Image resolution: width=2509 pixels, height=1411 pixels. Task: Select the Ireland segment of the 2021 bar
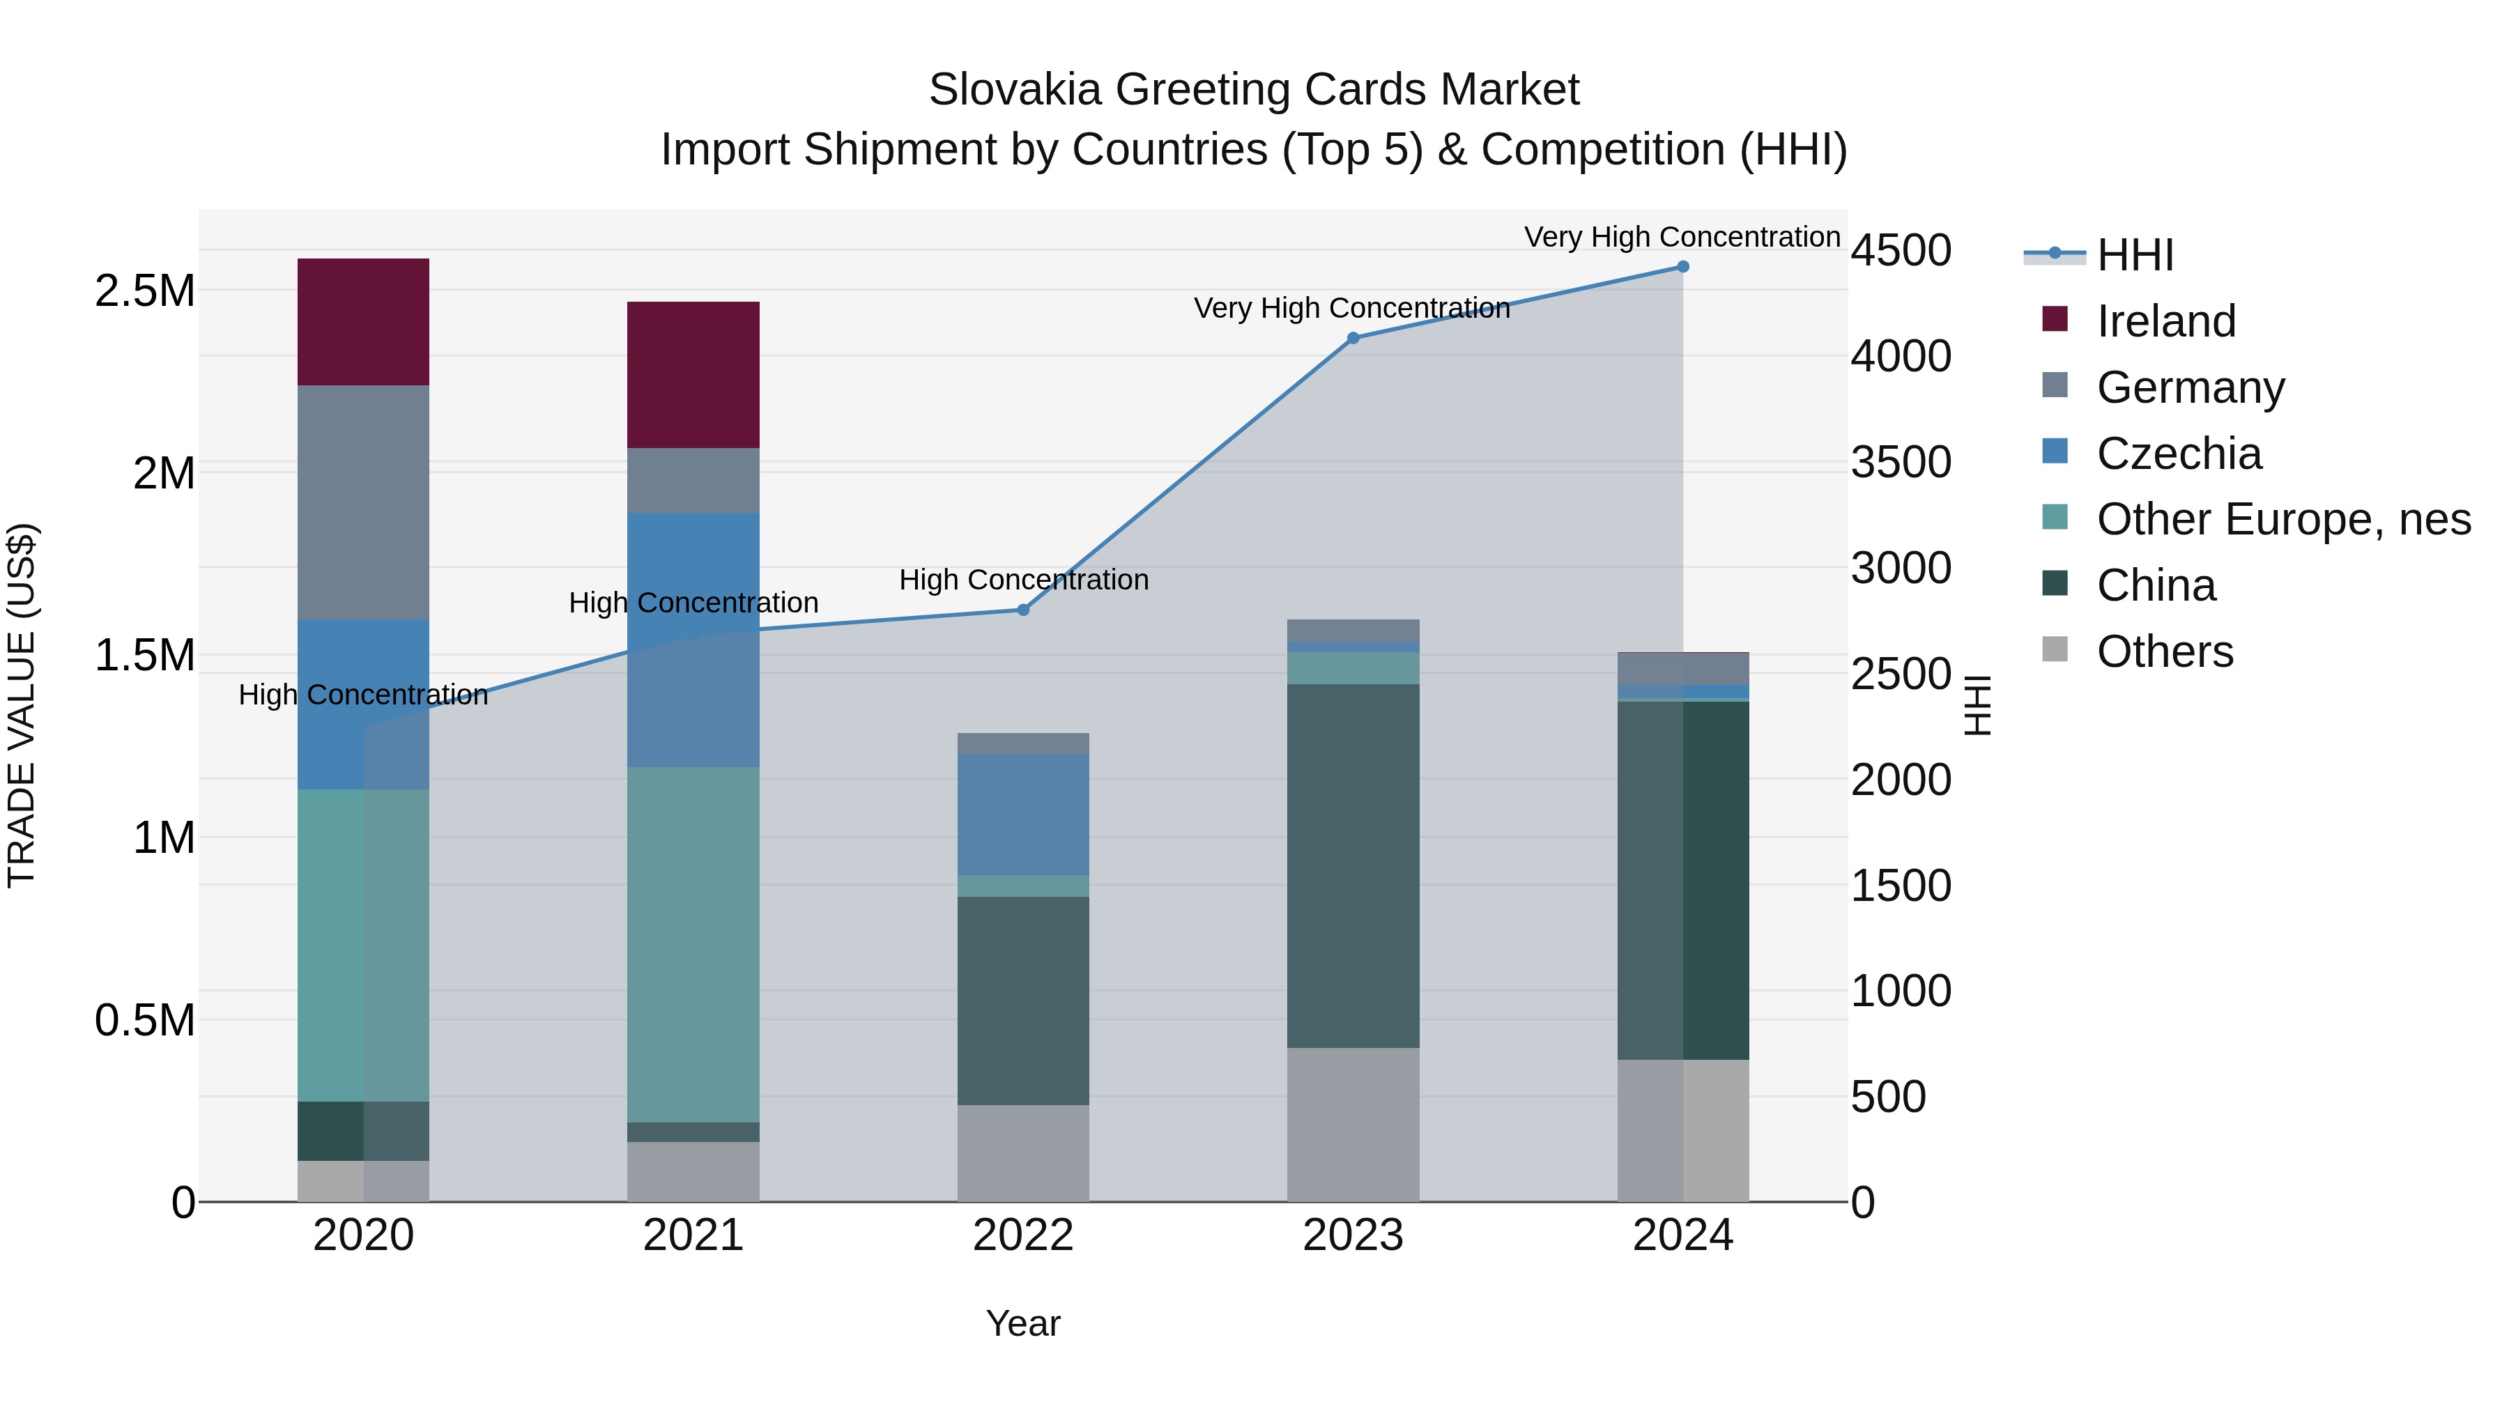tap(693, 375)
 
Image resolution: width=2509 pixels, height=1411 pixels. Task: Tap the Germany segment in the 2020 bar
tap(363, 502)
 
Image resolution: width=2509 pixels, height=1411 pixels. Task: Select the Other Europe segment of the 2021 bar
tap(693, 945)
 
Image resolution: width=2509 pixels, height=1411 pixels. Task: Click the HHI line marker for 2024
tap(1683, 267)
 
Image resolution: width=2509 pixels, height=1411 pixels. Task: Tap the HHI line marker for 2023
tap(1353, 338)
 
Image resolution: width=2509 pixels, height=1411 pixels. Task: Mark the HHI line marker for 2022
tap(1022, 610)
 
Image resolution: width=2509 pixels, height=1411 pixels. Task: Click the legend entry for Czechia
tap(2179, 454)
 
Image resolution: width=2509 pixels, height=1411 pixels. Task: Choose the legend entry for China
tap(2156, 585)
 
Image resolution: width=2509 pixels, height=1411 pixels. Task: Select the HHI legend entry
tap(2134, 255)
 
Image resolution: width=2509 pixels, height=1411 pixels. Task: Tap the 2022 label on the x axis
tap(1022, 1235)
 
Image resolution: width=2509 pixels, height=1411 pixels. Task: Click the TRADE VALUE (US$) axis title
tap(22, 705)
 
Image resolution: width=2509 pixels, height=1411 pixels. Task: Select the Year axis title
tap(1022, 1323)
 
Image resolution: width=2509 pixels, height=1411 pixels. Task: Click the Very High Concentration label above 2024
tap(1682, 237)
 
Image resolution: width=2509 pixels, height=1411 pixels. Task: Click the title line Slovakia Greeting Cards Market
tap(1254, 90)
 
